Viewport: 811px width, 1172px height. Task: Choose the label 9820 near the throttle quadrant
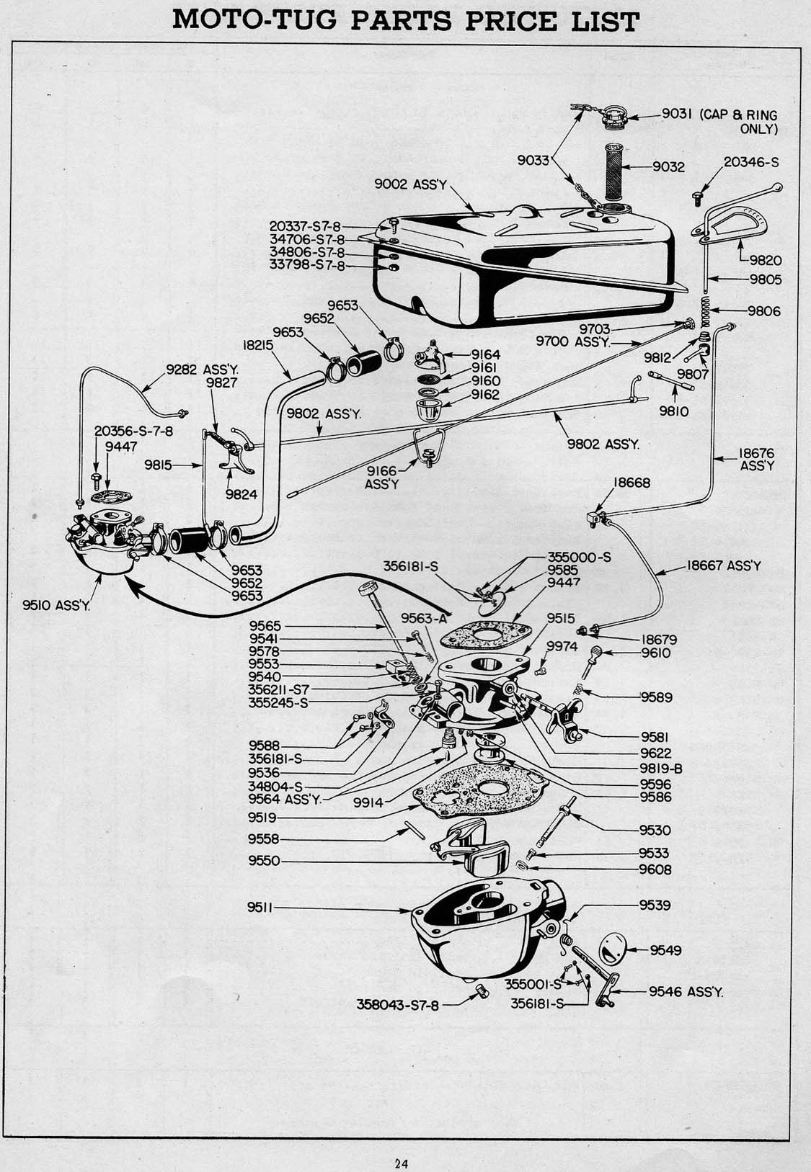click(765, 260)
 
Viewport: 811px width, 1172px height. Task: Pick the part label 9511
click(260, 908)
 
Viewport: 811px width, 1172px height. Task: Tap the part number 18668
click(632, 483)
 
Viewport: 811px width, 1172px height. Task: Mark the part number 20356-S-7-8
click(127, 431)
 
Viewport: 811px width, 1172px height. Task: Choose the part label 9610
click(656, 653)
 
